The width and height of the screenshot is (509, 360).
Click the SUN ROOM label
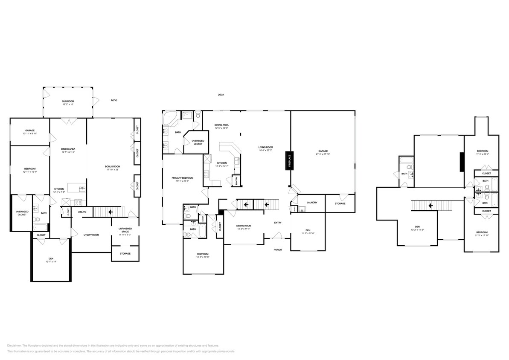pos(68,101)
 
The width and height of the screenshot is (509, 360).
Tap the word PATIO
pos(113,100)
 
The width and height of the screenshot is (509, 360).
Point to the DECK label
pos(221,95)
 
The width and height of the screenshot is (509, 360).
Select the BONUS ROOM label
pos(113,166)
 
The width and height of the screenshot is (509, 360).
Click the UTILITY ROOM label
pos(91,235)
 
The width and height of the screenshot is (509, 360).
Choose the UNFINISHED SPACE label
pos(125,230)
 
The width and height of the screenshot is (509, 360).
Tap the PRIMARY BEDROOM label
pos(182,178)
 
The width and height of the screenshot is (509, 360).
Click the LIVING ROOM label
pos(265,148)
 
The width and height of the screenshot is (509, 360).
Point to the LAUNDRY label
pos(312,202)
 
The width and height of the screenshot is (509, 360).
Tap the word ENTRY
pos(278,223)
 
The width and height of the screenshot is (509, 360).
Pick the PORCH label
pos(277,250)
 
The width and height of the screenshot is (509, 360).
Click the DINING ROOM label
pos(244,226)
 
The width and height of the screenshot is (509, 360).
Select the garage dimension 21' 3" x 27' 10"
pos(323,154)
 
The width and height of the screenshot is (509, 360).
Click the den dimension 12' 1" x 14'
pos(51,261)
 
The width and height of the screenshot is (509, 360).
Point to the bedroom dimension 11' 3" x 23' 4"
pos(482,154)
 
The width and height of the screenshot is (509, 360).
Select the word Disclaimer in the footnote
pos(14,345)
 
